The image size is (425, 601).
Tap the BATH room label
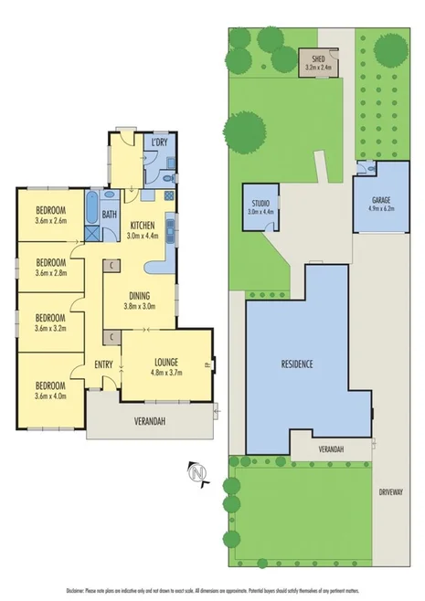tap(110, 216)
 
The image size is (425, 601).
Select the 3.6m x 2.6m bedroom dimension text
tap(51, 219)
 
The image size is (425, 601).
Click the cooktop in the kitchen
tap(169, 195)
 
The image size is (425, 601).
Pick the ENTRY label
tap(103, 366)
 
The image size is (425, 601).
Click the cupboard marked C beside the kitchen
tap(111, 265)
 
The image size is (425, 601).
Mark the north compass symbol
tap(195, 471)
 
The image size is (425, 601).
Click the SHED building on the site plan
tap(319, 62)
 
